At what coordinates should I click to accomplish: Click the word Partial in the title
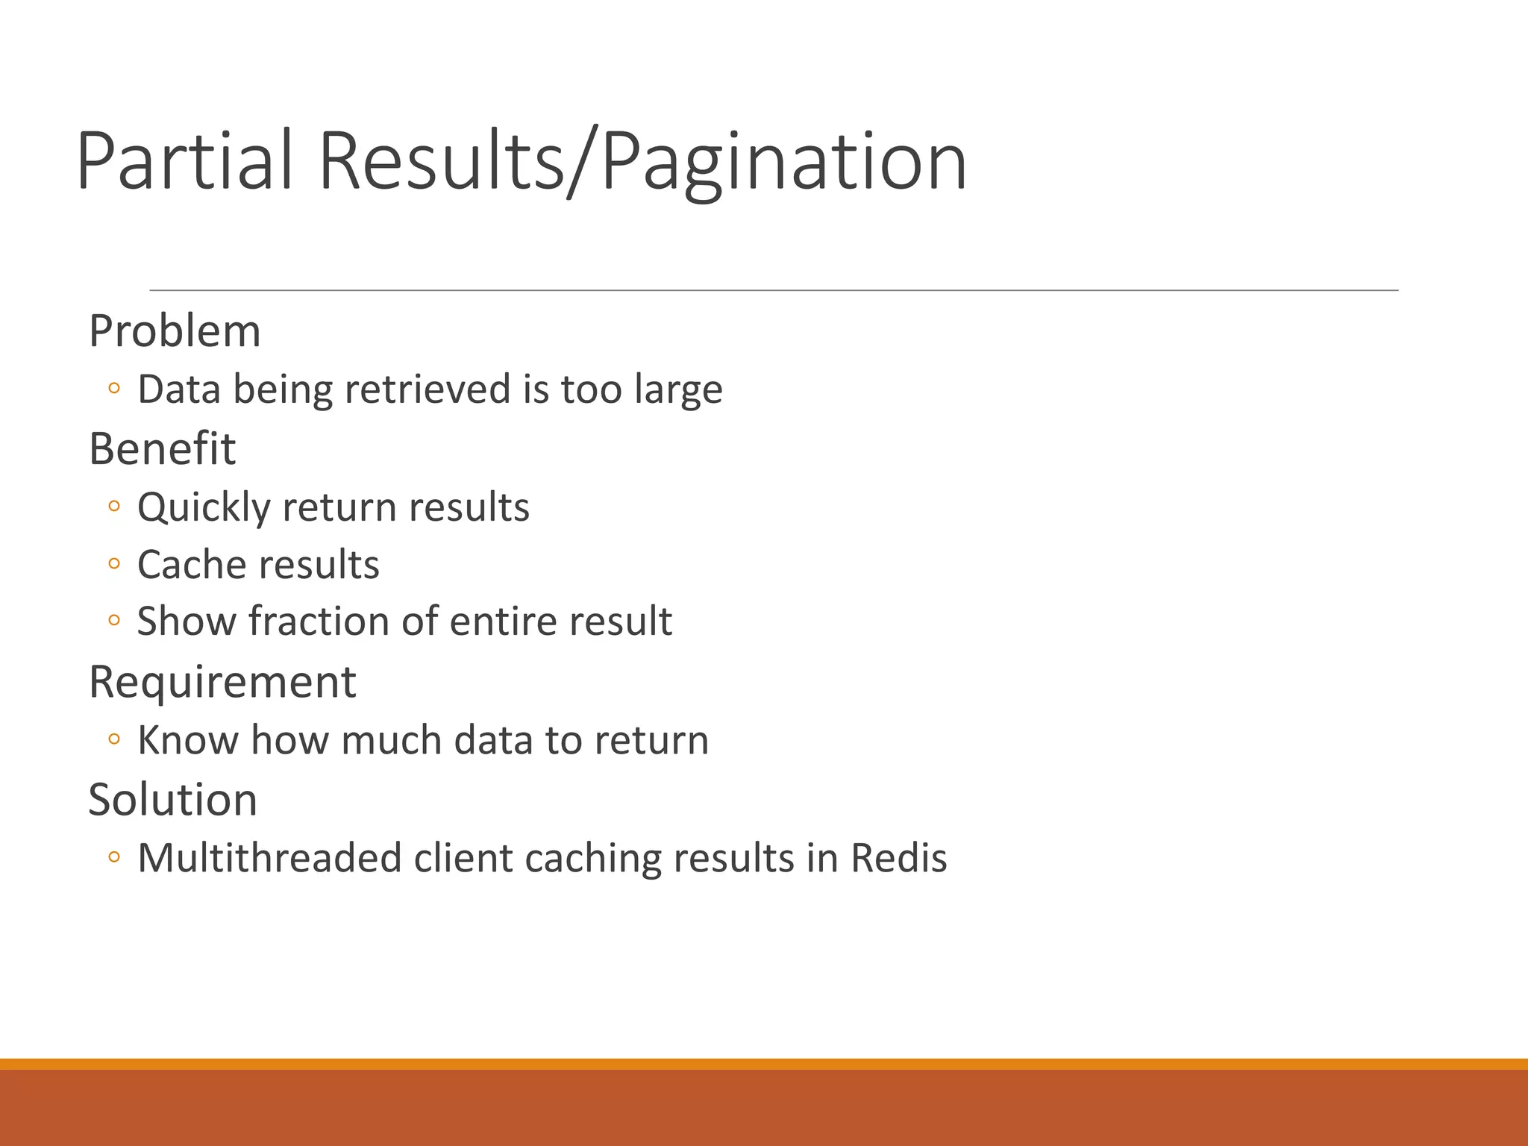[x=184, y=161]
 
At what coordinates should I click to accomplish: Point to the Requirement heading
[x=222, y=681]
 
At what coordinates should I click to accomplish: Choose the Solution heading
[x=172, y=799]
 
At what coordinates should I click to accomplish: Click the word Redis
[x=898, y=858]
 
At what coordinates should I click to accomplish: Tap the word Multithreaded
[x=269, y=858]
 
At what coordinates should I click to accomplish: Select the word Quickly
[x=203, y=508]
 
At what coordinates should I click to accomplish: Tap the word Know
[x=187, y=740]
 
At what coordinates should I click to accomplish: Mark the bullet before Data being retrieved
[x=113, y=388]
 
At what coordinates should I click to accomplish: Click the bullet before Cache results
[x=113, y=564]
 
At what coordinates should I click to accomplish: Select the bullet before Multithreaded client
[x=113, y=857]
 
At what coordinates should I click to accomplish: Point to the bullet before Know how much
[x=113, y=739]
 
